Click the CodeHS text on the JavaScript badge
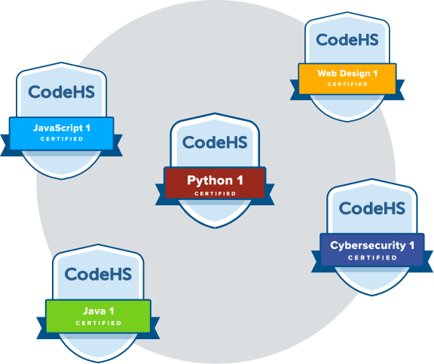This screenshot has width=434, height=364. tap(61, 92)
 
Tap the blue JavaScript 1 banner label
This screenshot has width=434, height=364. tap(62, 128)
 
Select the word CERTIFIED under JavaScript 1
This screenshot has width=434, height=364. tap(62, 138)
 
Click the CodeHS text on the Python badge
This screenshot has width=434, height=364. tap(215, 142)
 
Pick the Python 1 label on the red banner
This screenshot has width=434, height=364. tap(215, 180)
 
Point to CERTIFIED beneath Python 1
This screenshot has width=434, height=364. tap(215, 193)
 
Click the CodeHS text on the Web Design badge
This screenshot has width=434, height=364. tap(347, 40)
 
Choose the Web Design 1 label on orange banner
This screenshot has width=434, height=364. tap(347, 74)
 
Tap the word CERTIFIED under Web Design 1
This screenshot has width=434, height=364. tap(347, 84)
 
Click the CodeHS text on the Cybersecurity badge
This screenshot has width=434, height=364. tap(372, 208)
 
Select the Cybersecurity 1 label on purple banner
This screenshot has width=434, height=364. tap(372, 245)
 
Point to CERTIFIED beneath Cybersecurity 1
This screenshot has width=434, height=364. tap(372, 258)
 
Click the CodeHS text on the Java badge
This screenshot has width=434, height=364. tap(98, 274)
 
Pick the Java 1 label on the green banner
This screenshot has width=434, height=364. tap(98, 311)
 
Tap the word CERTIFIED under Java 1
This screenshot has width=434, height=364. tap(98, 323)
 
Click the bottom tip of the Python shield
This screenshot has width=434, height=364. tap(215, 229)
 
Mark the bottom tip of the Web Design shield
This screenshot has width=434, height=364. tap(347, 122)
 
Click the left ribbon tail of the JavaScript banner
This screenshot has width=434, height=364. tap(5, 145)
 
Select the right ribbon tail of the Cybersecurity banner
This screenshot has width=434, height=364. tap(428, 262)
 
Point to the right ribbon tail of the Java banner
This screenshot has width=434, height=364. tap(155, 328)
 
